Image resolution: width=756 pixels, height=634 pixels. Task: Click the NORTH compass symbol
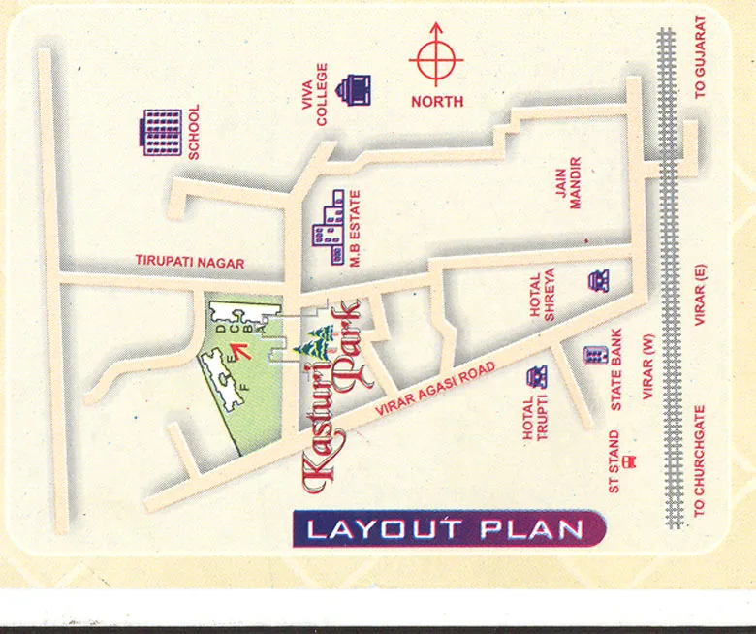point(436,58)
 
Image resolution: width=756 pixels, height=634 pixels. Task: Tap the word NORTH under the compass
point(437,101)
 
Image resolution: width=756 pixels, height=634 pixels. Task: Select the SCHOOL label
point(194,132)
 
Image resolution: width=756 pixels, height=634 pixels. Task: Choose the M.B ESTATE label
point(354,234)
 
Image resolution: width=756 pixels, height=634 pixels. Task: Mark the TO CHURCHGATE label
point(700,460)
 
